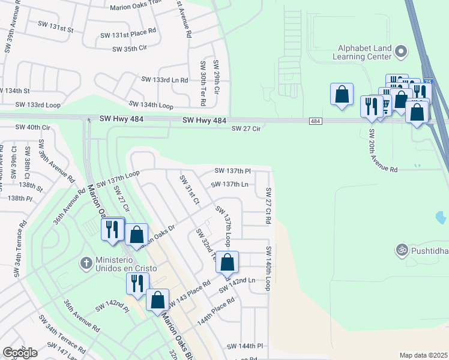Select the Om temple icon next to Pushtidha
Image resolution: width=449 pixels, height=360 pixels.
(401, 248)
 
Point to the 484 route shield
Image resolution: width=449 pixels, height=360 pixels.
(316, 121)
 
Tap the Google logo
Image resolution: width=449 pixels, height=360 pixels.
(20, 353)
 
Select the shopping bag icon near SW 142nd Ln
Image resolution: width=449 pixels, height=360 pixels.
(228, 262)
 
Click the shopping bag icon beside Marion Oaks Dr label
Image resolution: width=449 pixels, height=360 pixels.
(137, 234)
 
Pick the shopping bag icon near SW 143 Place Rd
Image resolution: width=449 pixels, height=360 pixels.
(157, 299)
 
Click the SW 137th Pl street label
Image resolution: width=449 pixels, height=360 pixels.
(232, 171)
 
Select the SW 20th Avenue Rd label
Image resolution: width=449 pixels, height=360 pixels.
(383, 151)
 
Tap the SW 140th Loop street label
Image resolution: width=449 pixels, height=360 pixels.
(268, 268)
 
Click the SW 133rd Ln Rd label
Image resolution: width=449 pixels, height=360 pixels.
(164, 79)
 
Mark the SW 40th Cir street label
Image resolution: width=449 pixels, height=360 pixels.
(33, 127)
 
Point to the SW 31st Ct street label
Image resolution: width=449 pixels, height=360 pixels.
(189, 190)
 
